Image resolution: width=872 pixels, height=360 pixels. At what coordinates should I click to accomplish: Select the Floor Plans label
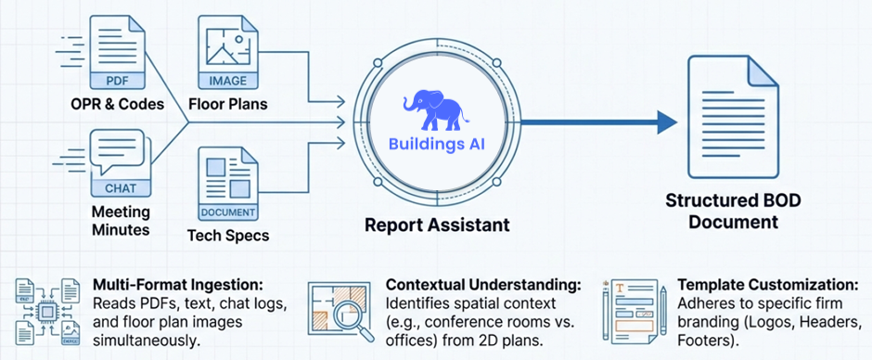coord(227,103)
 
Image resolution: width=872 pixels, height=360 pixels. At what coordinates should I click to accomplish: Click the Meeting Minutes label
coord(120,223)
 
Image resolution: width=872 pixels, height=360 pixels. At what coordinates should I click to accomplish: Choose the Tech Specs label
coord(228,235)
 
